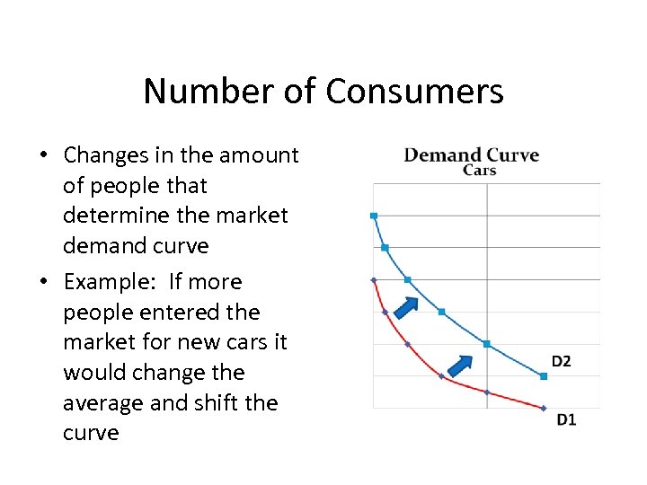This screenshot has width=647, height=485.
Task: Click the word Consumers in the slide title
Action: pos(414,92)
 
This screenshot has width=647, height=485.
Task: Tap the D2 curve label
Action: pos(561,361)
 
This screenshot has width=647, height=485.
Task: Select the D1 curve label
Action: pos(566,419)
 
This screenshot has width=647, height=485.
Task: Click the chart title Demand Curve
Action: pos(472,154)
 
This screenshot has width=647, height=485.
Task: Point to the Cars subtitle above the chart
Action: pos(479,171)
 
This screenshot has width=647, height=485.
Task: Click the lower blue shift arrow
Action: pos(461,366)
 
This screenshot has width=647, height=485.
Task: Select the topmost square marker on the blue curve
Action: pos(374,216)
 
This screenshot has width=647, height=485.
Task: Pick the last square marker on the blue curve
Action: pos(543,375)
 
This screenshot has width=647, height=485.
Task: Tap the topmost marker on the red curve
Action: pos(374,280)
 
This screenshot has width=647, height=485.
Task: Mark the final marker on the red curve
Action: pos(543,408)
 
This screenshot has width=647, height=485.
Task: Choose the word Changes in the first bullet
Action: pos(102,154)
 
